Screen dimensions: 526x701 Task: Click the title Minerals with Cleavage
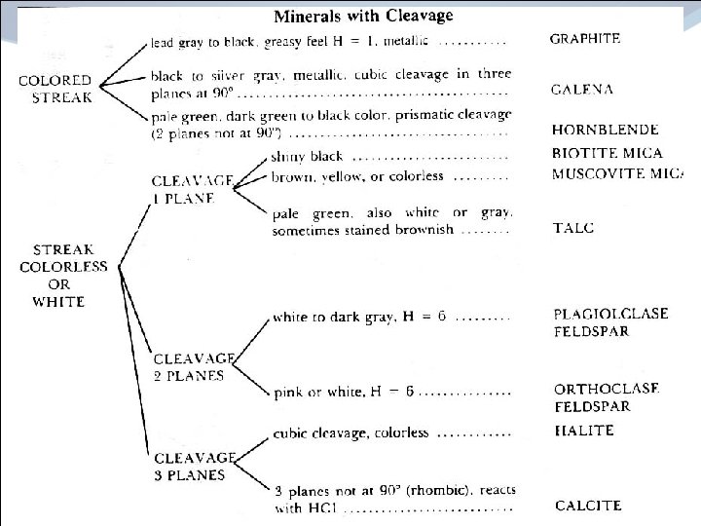click(x=362, y=16)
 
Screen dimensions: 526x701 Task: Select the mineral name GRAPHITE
click(x=584, y=40)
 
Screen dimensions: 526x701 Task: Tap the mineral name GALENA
click(x=582, y=89)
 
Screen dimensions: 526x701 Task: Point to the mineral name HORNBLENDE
click(x=605, y=130)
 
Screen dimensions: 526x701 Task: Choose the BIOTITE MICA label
click(x=607, y=153)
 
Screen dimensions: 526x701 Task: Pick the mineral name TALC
click(x=573, y=228)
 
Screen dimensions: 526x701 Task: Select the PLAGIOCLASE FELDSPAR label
click(x=610, y=322)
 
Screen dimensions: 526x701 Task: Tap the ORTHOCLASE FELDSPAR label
click(x=607, y=396)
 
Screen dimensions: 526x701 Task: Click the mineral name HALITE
click(x=583, y=431)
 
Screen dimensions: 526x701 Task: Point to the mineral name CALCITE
click(x=588, y=506)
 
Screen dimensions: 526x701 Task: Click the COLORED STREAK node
click(x=55, y=89)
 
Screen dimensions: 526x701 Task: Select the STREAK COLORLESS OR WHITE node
click(x=58, y=275)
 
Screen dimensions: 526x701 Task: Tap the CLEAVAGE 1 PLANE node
click(x=192, y=189)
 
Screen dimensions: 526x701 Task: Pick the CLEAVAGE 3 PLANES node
click(x=195, y=466)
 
